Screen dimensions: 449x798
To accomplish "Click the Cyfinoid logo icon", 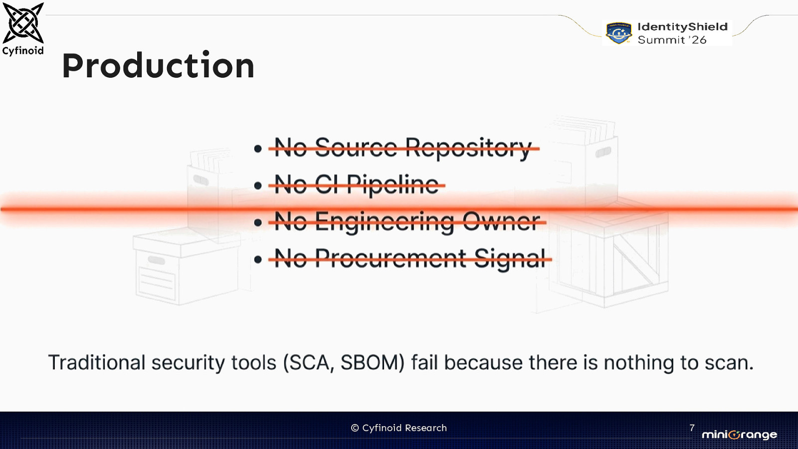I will [x=23, y=23].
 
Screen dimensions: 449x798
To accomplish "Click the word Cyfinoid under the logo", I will [x=23, y=51].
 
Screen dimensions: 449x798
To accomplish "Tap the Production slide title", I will [x=158, y=66].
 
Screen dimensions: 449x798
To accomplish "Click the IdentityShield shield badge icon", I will [x=618, y=33].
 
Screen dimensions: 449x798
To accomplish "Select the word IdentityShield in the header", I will [x=682, y=27].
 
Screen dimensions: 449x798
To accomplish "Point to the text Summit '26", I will [x=672, y=40].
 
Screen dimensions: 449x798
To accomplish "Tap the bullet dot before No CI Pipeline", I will [x=258, y=186].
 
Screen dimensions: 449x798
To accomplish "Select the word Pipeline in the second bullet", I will [x=392, y=185].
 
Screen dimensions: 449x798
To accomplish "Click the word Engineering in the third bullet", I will [x=385, y=222].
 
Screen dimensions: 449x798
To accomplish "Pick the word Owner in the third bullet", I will [x=501, y=221].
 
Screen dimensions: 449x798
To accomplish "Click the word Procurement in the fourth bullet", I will [x=391, y=258].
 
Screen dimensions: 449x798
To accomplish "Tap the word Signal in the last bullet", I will [x=510, y=258].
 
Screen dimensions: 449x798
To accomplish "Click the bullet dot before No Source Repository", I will [x=258, y=149].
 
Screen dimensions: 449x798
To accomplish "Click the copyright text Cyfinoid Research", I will [x=399, y=428].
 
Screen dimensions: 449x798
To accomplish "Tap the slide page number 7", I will [x=692, y=428].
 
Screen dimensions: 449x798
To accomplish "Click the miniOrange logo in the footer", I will [x=739, y=435].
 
